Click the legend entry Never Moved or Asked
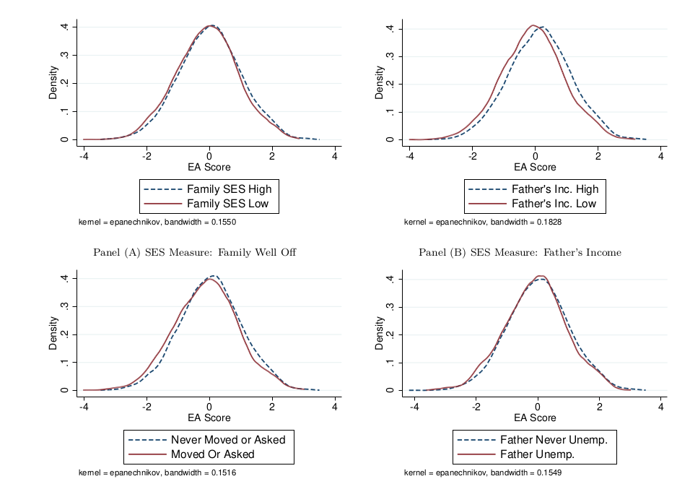(228, 440)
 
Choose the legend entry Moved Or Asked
(212, 454)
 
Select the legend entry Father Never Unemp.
(552, 440)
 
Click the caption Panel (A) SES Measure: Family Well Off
(196, 252)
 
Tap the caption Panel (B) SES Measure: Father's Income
(520, 252)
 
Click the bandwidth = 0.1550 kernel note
(157, 222)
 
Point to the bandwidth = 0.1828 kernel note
(482, 222)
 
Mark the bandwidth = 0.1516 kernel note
(157, 473)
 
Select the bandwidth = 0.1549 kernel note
(482, 473)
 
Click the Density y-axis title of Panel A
(53, 84)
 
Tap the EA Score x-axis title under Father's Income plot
(535, 168)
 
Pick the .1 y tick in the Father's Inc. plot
(390, 112)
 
